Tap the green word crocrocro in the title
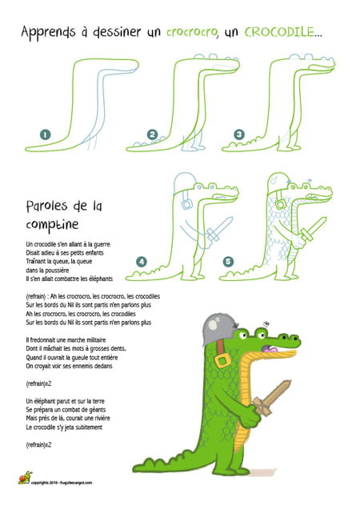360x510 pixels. coord(194,33)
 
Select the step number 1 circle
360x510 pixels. coord(46,135)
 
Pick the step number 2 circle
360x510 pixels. coord(154,135)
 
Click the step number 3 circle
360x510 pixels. coord(238,135)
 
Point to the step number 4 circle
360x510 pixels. coord(142,261)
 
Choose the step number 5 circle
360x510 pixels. coord(228,261)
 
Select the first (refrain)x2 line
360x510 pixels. coord(39,384)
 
